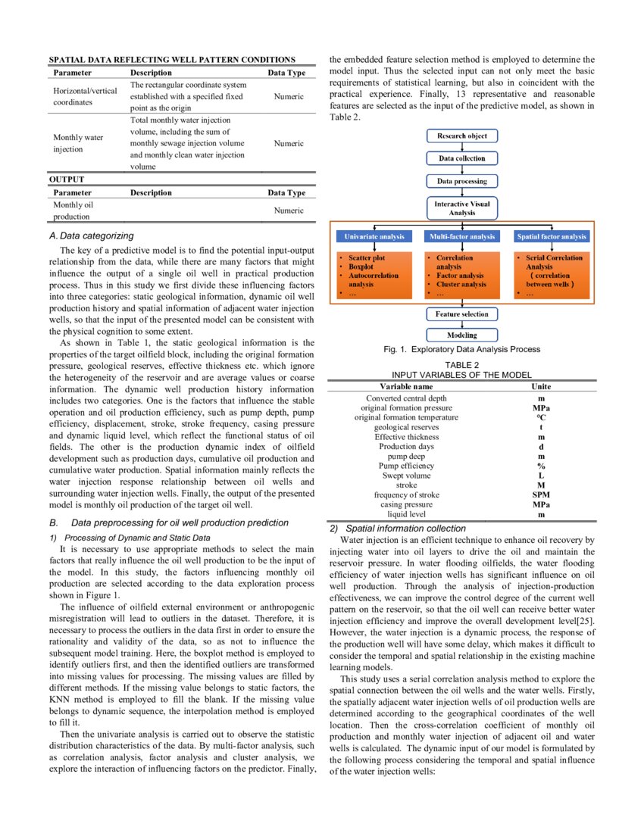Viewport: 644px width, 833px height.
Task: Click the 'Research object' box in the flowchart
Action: pyautogui.click(x=461, y=136)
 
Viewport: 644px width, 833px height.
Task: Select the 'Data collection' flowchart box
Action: pyautogui.click(x=461, y=158)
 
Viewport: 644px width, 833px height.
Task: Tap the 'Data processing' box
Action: pyautogui.click(x=461, y=181)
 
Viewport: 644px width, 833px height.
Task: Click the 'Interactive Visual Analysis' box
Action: pyautogui.click(x=461, y=208)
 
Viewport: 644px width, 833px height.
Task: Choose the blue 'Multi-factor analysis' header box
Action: pyautogui.click(x=461, y=237)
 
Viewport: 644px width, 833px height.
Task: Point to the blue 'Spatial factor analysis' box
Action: pyautogui.click(x=552, y=237)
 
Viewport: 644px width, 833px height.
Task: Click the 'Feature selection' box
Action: pyautogui.click(x=461, y=314)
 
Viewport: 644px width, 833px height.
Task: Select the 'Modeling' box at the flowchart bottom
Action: pyautogui.click(x=461, y=335)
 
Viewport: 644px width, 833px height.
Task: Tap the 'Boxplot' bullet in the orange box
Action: pyautogui.click(x=361, y=267)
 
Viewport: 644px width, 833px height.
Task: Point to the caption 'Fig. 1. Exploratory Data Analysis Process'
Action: pyautogui.click(x=461, y=350)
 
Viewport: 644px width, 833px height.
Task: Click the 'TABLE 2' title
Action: pyautogui.click(x=461, y=365)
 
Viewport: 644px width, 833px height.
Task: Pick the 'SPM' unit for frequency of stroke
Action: pyautogui.click(x=540, y=494)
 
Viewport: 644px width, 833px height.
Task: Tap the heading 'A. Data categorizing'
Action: pyautogui.click(x=91, y=236)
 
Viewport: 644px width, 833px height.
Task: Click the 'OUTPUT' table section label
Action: pyautogui.click(x=67, y=180)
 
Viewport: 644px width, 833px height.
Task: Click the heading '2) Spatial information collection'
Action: pyautogui.click(x=398, y=528)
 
